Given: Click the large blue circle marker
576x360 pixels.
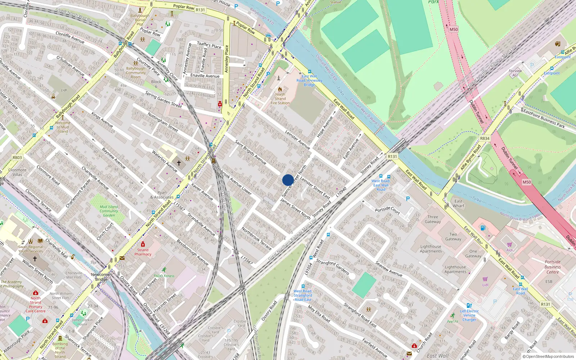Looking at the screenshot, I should tap(288, 180).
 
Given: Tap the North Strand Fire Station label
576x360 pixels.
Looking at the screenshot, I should tap(280, 99).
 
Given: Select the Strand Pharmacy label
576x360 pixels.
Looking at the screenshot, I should tap(143, 252).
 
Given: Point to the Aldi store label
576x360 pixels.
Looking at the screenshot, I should tap(510, 250).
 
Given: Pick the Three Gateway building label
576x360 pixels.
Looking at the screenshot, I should tap(433, 219).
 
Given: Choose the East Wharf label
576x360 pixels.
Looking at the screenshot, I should tap(459, 203).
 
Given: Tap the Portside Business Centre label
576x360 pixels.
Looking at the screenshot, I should tap(553, 267).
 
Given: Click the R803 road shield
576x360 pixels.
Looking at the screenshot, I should tap(17, 157).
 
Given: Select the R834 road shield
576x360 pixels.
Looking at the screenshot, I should tap(485, 138).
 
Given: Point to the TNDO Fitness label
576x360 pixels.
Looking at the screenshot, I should tap(164, 276).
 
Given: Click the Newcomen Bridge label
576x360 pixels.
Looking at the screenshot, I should tap(101, 277).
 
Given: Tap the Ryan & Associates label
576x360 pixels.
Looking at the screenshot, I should tap(162, 195).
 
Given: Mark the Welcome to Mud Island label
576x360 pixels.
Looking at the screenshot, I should tap(63, 127).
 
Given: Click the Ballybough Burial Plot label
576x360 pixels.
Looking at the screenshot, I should tap(140, 20).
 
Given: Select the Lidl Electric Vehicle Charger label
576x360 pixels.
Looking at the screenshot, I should tap(469, 315).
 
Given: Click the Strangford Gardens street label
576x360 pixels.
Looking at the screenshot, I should tap(333, 267).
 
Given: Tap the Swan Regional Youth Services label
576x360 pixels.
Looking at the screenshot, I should tap(31, 249).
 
